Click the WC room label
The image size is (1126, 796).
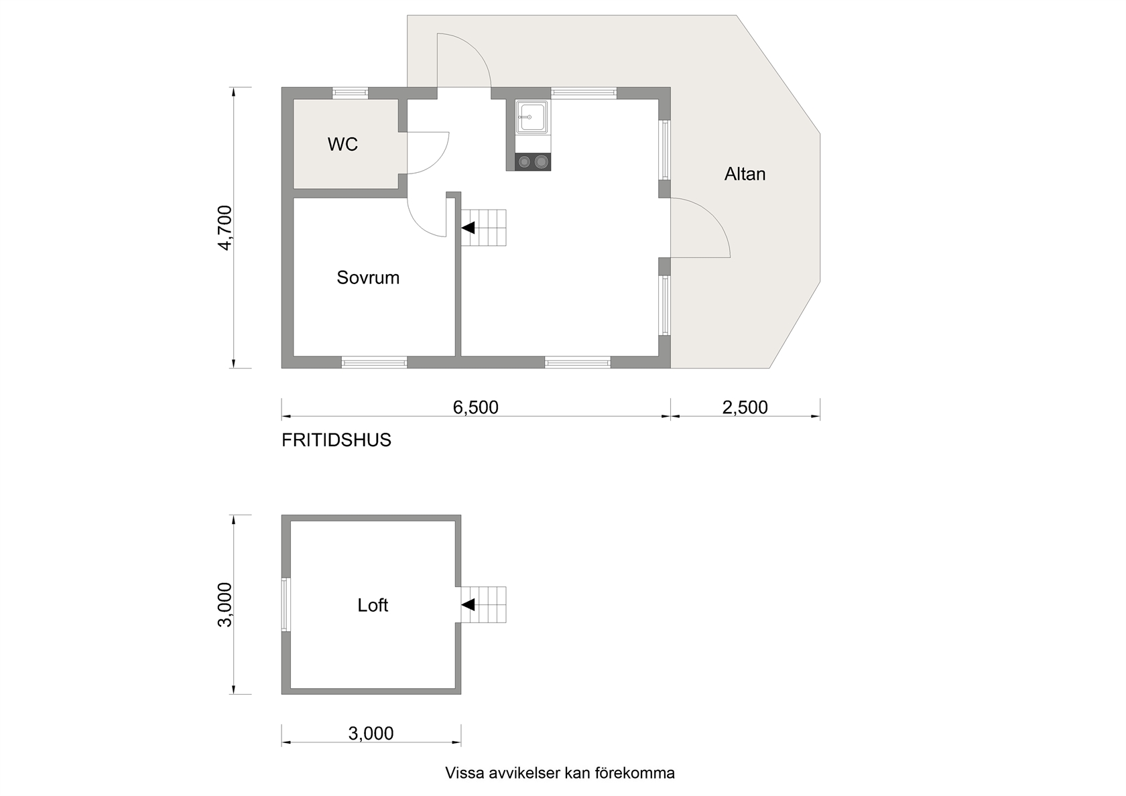pyautogui.click(x=342, y=145)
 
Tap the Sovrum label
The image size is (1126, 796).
pyautogui.click(x=368, y=278)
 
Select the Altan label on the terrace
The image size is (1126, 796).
pyautogui.click(x=745, y=174)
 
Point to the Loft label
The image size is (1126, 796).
pyautogui.click(x=373, y=606)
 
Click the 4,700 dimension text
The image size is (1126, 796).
pyautogui.click(x=225, y=228)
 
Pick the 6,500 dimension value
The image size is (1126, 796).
pyautogui.click(x=476, y=407)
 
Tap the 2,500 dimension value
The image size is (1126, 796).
pyautogui.click(x=745, y=407)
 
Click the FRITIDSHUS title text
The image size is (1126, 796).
pyautogui.click(x=336, y=440)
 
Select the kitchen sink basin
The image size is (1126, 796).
pyautogui.click(x=532, y=117)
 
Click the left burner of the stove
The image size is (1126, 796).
pyautogui.click(x=524, y=162)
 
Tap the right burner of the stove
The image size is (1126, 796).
pyautogui.click(x=541, y=162)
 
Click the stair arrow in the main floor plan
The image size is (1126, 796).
pyautogui.click(x=468, y=228)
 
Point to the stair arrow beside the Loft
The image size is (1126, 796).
pyautogui.click(x=468, y=605)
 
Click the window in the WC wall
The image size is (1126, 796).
pyautogui.click(x=351, y=93)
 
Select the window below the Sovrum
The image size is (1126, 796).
pyautogui.click(x=375, y=362)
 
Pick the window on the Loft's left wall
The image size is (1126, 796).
pyautogui.click(x=286, y=605)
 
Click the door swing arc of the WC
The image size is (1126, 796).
pyautogui.click(x=440, y=158)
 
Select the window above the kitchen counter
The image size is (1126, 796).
pyautogui.click(x=584, y=93)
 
